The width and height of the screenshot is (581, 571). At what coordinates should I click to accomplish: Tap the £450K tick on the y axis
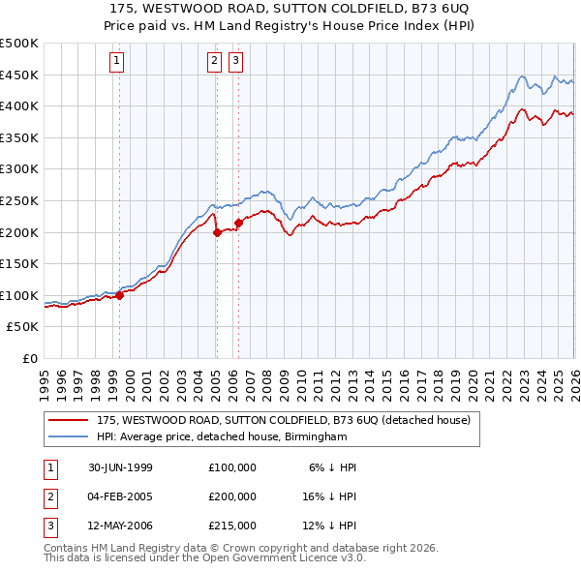coord(19,75)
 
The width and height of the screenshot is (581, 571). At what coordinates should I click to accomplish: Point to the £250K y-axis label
coord(19,200)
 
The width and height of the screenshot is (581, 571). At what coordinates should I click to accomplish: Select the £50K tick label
coord(23,327)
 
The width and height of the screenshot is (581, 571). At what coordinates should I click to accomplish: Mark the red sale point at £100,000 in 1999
coord(120,295)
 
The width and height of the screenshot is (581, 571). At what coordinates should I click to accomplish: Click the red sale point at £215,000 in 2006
coord(238,223)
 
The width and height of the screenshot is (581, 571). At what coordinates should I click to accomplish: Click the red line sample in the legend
coord(68,420)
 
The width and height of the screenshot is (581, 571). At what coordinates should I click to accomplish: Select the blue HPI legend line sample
coord(68,436)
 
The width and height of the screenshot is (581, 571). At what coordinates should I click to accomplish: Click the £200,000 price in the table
coord(231,496)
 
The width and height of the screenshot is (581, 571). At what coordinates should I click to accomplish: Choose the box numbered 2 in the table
coord(49,496)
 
